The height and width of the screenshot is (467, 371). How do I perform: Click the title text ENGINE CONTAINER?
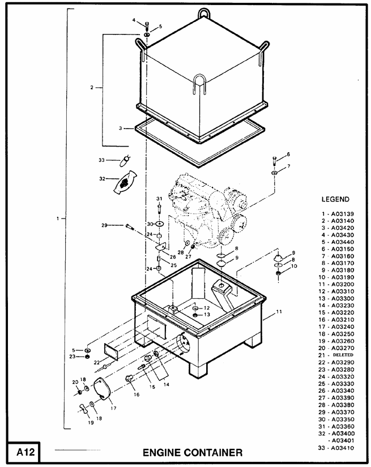(x=193, y=453)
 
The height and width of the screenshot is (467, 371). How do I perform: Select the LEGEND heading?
(x=335, y=199)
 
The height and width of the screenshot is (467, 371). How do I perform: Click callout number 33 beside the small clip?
(x=102, y=160)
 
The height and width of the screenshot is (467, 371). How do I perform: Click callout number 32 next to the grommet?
(x=102, y=178)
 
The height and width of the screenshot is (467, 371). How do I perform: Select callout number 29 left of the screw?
(x=104, y=225)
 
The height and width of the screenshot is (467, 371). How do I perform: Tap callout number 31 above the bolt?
(x=159, y=198)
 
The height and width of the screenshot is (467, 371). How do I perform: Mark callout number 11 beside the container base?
(x=278, y=311)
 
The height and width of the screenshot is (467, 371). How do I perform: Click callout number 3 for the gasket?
(x=121, y=128)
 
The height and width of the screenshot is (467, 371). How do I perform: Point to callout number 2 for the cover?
(x=91, y=88)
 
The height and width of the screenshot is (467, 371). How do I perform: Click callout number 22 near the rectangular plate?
(x=97, y=363)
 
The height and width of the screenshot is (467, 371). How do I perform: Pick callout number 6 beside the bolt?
(x=288, y=155)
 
